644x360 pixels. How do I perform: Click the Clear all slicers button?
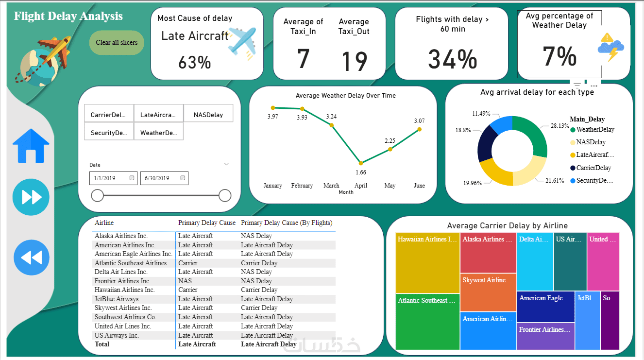click(117, 43)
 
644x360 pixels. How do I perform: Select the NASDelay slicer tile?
click(208, 115)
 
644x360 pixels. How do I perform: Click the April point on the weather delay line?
click(361, 163)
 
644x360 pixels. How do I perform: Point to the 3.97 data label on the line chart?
click(272, 117)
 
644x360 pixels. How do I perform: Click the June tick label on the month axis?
click(419, 186)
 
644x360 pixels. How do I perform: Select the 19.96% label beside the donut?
click(473, 183)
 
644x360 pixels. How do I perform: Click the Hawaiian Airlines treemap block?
click(427, 265)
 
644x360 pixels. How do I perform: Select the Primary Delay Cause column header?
click(206, 223)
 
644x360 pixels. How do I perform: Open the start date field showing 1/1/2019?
click(114, 178)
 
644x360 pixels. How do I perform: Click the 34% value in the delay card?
click(452, 59)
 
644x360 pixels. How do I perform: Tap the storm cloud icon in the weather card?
click(610, 47)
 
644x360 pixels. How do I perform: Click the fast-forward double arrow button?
click(31, 197)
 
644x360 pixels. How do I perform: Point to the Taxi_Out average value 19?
click(354, 61)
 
